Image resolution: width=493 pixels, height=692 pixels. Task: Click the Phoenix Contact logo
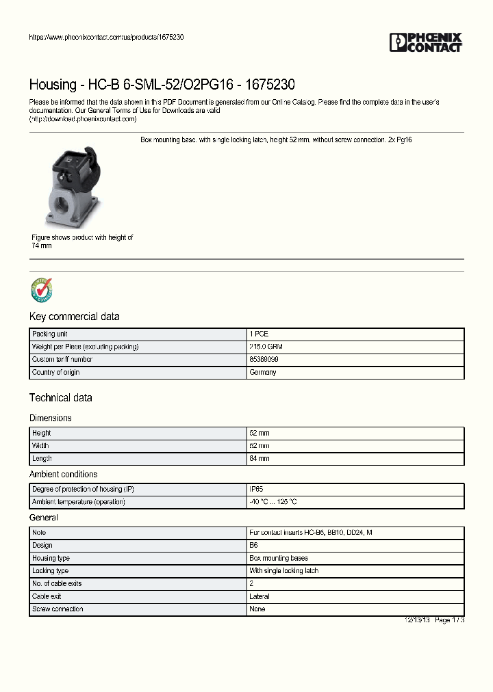(x=425, y=42)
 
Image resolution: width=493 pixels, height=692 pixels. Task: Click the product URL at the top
(x=106, y=37)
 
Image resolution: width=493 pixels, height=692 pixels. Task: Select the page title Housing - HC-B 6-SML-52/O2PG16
(x=162, y=85)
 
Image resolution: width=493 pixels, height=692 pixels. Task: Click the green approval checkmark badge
(x=41, y=290)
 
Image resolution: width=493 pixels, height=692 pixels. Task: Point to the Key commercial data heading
(x=74, y=317)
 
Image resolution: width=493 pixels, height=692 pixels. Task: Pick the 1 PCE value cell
(x=259, y=334)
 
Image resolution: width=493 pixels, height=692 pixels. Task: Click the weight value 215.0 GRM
(x=266, y=347)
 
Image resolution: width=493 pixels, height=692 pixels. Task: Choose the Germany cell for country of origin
(x=263, y=372)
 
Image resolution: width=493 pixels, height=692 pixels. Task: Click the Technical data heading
(x=60, y=398)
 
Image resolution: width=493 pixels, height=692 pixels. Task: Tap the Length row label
(x=42, y=458)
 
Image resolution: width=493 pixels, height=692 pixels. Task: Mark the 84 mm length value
(x=260, y=458)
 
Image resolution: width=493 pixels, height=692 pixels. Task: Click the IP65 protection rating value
(x=257, y=489)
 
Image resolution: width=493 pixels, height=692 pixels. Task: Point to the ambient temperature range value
(x=273, y=502)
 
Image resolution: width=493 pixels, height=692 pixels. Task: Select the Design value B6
(x=253, y=545)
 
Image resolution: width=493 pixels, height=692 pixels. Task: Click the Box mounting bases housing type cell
(x=279, y=558)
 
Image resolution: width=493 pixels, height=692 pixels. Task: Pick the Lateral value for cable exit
(x=260, y=596)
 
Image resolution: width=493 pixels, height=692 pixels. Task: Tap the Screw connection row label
(x=58, y=609)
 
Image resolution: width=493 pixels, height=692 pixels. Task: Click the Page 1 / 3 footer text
(x=448, y=620)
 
